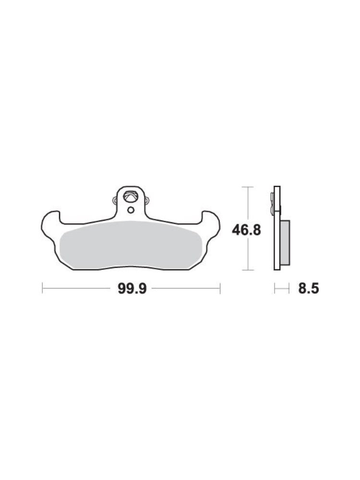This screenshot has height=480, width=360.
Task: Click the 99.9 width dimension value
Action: (132, 288)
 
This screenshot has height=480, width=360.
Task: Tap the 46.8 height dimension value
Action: (246, 230)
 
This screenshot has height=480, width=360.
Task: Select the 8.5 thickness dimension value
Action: (309, 288)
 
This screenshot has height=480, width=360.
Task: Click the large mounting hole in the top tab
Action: (131, 197)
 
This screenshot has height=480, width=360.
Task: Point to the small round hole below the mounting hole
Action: (131, 210)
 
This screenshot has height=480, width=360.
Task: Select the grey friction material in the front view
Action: (130, 244)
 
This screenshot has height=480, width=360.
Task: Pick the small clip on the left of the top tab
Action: (115, 201)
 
